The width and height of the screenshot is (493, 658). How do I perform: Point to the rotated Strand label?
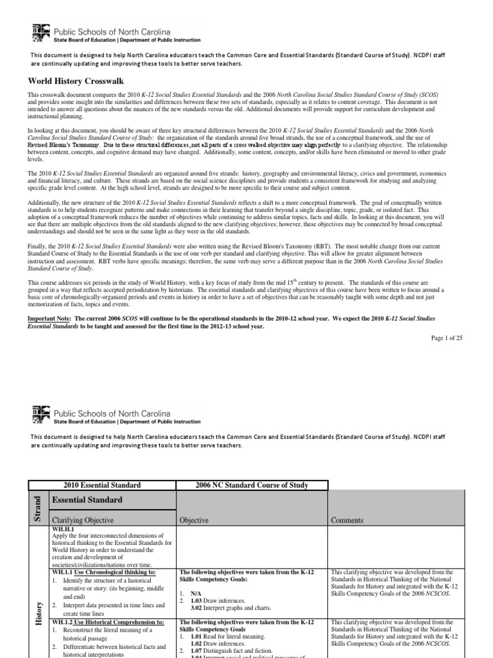[37, 508]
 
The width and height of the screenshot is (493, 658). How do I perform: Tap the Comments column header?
[347, 520]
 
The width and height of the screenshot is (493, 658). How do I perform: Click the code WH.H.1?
[62, 528]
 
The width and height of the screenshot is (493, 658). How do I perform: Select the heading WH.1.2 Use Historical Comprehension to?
[107, 622]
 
